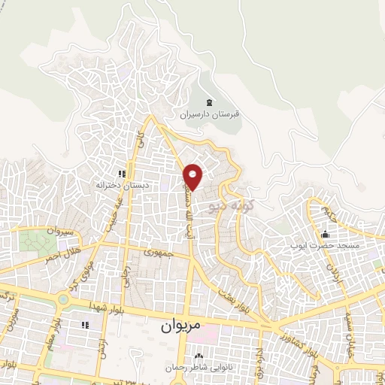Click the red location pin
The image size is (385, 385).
(x=194, y=175)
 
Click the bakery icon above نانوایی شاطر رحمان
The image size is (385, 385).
(x=199, y=356)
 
